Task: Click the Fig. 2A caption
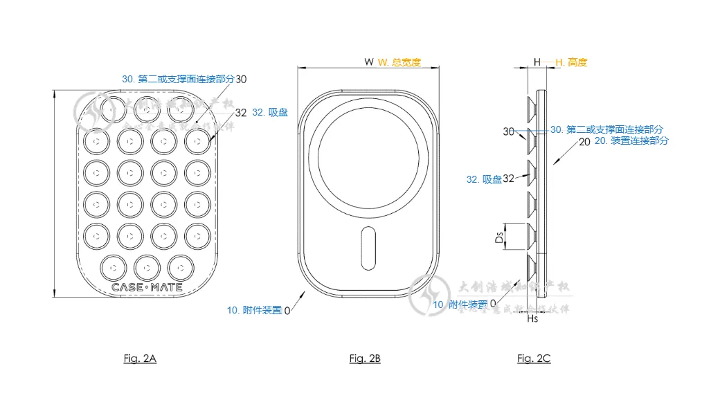point(140,358)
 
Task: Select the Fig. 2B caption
point(365,358)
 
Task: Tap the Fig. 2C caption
point(534,358)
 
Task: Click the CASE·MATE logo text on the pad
point(147,287)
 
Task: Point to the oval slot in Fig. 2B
point(369,249)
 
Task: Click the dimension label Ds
point(498,237)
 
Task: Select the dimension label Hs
point(532,319)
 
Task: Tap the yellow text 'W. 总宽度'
point(399,62)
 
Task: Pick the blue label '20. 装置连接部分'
point(631,140)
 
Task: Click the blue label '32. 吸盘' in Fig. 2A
point(269,112)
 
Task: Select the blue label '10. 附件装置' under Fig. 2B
point(254,310)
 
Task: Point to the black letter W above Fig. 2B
point(369,62)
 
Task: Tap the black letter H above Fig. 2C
point(537,62)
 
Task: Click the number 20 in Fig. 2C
point(584,141)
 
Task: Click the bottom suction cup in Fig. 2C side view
point(532,267)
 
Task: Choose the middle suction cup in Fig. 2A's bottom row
point(147,266)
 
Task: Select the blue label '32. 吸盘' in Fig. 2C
point(483,179)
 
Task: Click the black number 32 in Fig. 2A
point(241,112)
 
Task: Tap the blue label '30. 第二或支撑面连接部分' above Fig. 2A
point(178,79)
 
